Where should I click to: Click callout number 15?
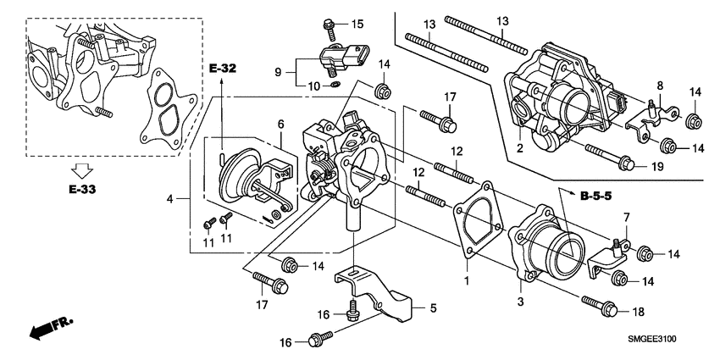click(357, 23)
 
